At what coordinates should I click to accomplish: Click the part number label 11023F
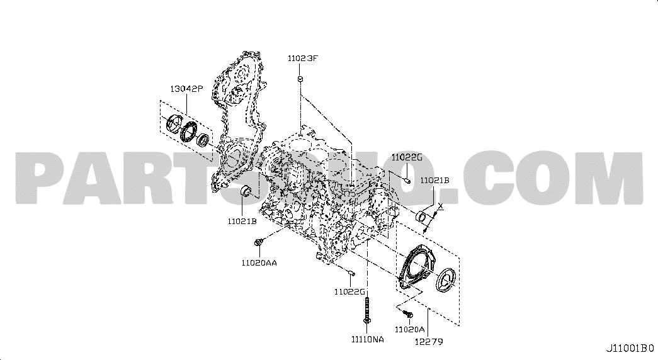click(303, 59)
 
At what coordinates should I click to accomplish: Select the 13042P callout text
click(186, 89)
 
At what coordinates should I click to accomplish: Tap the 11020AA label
click(259, 263)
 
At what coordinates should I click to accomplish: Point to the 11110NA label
click(368, 339)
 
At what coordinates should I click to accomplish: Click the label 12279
click(429, 342)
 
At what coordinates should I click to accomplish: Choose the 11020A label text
click(410, 329)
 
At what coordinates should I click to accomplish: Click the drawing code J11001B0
click(630, 348)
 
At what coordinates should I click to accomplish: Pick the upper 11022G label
click(407, 157)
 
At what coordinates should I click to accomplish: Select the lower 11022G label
click(349, 291)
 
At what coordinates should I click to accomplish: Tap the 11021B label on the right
click(435, 180)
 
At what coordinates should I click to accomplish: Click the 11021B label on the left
click(242, 221)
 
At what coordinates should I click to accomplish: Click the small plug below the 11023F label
click(301, 79)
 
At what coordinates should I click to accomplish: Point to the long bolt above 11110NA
click(367, 311)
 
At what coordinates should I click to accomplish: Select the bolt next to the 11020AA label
click(259, 242)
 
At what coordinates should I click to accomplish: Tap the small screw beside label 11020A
click(408, 313)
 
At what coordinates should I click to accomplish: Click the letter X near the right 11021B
click(440, 206)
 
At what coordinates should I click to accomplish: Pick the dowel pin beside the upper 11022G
click(407, 181)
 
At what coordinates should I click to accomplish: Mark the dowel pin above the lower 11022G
click(351, 274)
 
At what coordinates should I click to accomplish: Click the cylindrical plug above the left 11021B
click(245, 190)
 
